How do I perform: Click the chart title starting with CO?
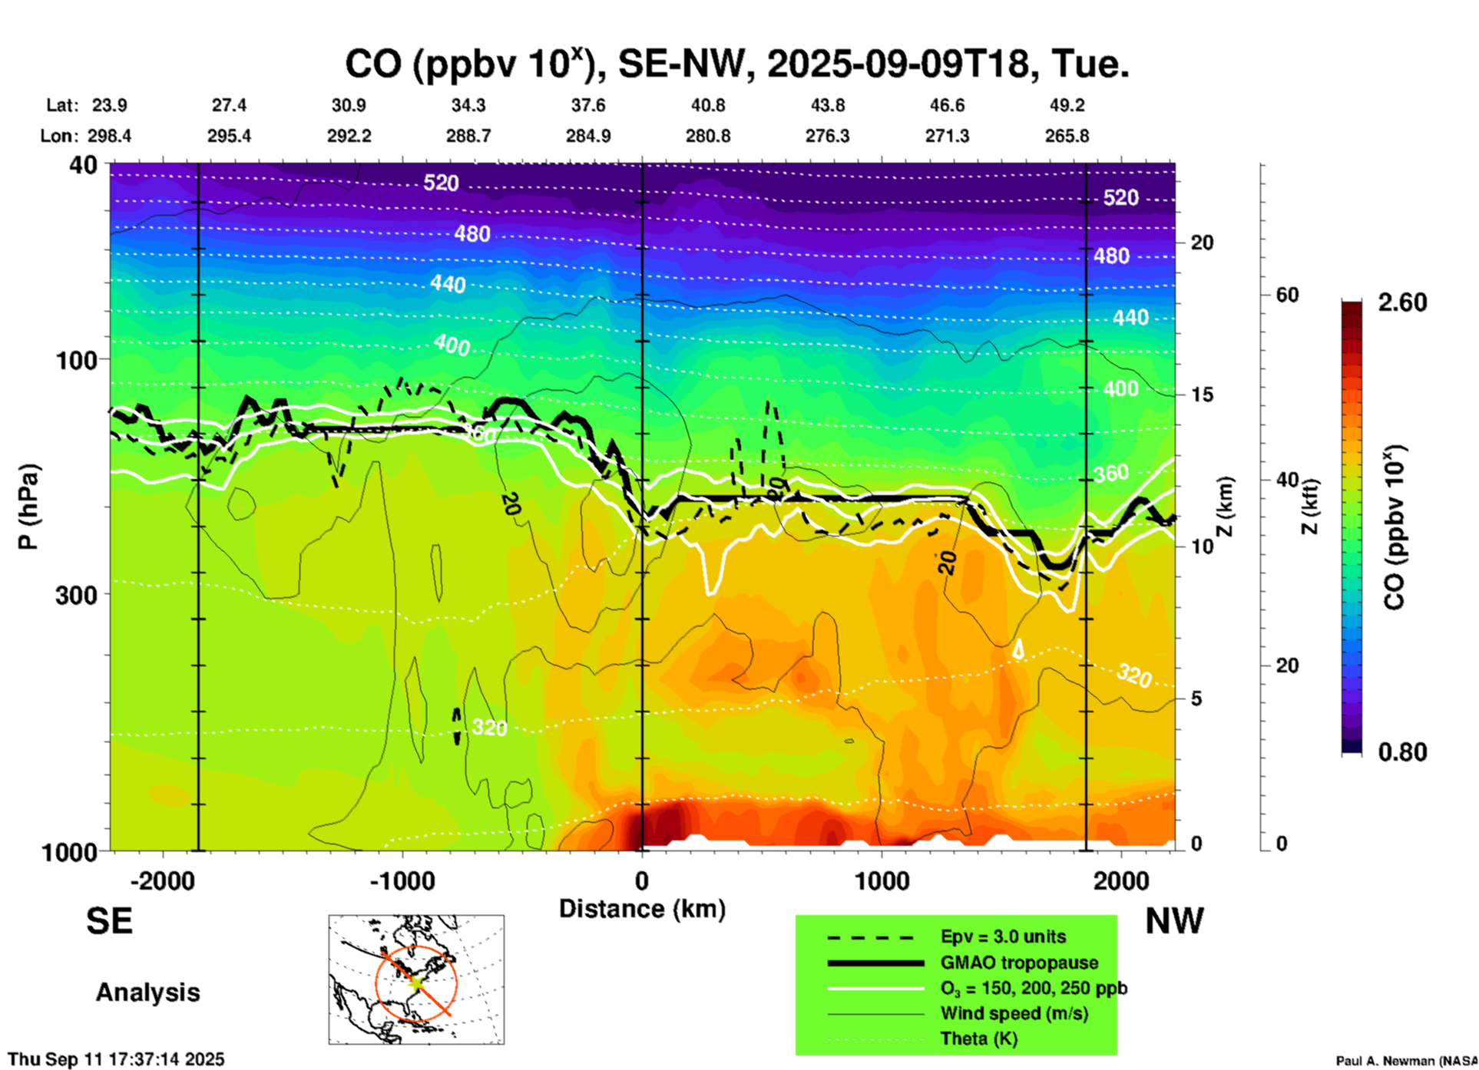tap(736, 63)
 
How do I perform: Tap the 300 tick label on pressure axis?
tap(78, 595)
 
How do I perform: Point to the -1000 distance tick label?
tap(402, 881)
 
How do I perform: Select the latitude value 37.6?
tap(587, 105)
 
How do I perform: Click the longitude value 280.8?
tap(707, 136)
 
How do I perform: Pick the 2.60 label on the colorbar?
tap(1401, 302)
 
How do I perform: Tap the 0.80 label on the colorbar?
tap(1401, 751)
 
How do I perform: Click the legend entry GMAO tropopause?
tap(1019, 963)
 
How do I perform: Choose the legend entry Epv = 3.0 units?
tap(1003, 937)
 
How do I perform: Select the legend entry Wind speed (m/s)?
tap(1014, 1013)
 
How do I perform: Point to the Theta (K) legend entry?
tap(978, 1039)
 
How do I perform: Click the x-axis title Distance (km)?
tap(642, 909)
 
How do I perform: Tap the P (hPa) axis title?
tap(28, 506)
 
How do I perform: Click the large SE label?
tap(109, 921)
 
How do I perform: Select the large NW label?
tap(1173, 921)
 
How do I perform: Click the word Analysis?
tap(147, 992)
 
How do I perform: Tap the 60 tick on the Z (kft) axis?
tap(1287, 295)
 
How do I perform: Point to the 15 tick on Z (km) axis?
tap(1201, 395)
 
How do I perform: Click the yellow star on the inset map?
tap(415, 982)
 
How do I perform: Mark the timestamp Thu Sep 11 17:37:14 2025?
tap(117, 1059)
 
